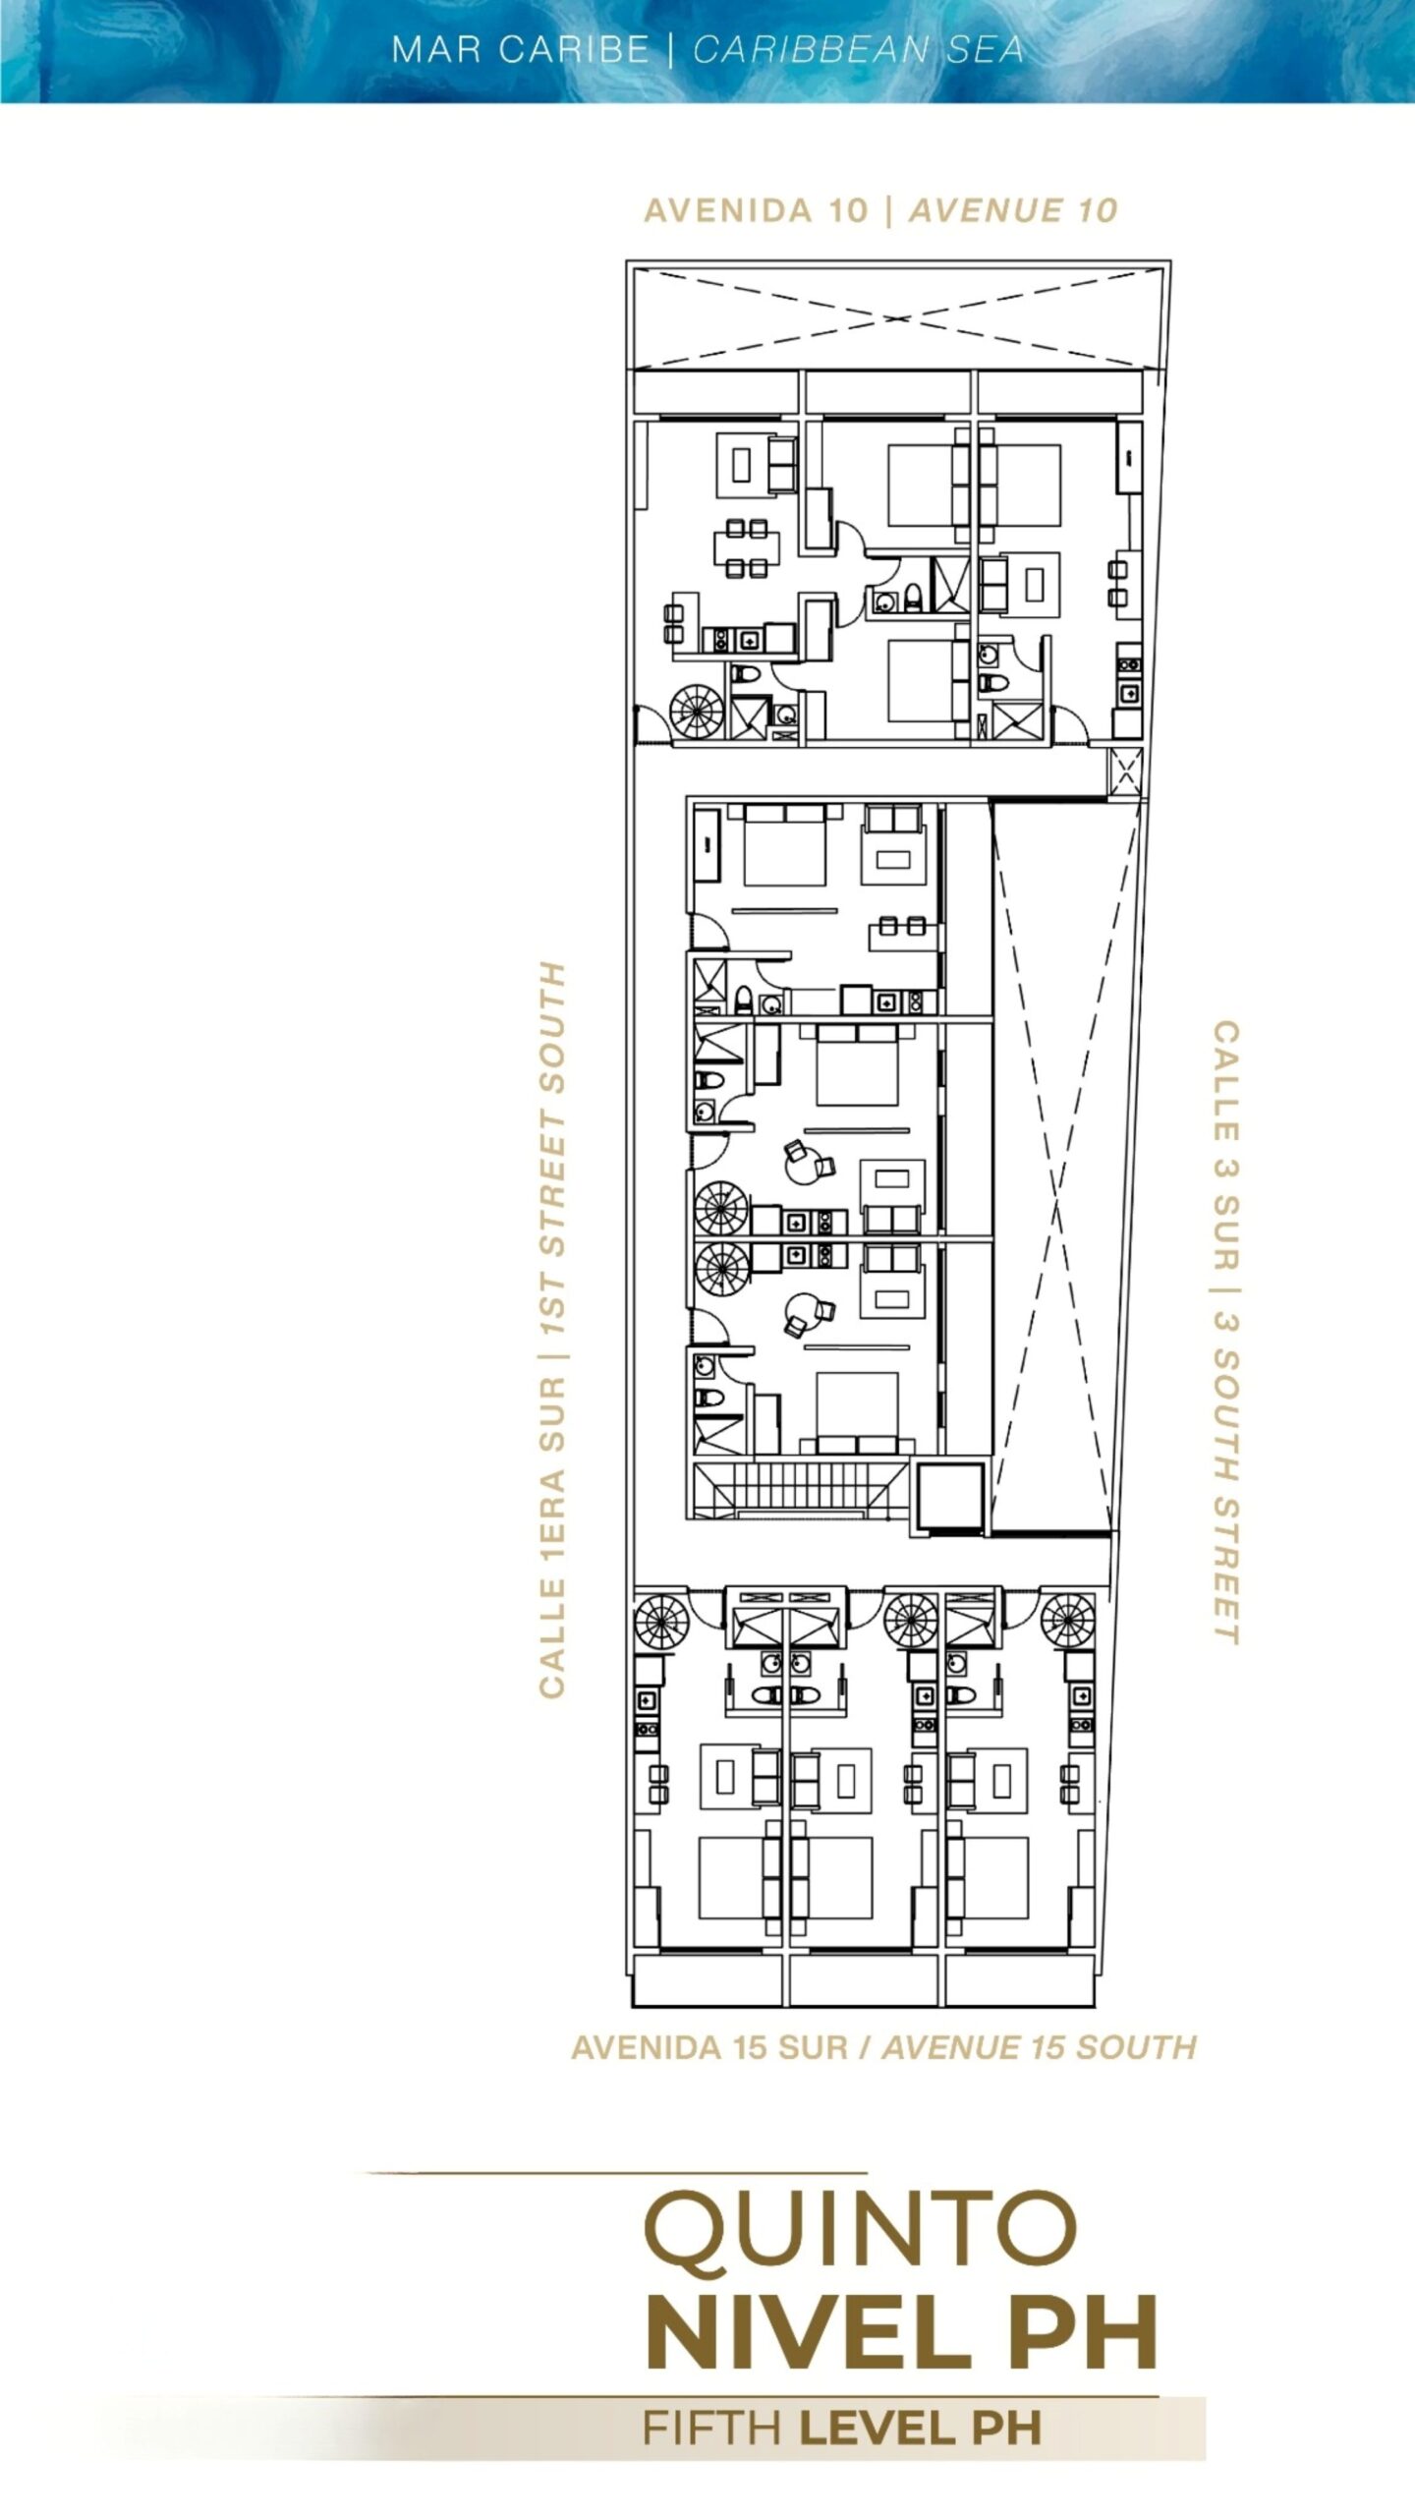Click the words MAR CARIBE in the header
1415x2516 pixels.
(x=520, y=49)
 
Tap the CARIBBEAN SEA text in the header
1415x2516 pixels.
(x=858, y=49)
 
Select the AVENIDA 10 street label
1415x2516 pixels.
(x=757, y=210)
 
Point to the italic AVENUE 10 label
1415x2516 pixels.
(x=1013, y=210)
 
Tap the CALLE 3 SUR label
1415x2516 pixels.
(x=1226, y=1144)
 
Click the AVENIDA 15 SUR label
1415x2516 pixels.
(x=709, y=2047)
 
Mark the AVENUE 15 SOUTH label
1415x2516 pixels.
(x=1040, y=2047)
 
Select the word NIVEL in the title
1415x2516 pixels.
(x=808, y=2332)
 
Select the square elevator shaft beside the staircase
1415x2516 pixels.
(x=948, y=1497)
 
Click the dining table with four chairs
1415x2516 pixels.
(x=747, y=547)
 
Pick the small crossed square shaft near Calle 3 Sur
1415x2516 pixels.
(x=1125, y=772)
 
